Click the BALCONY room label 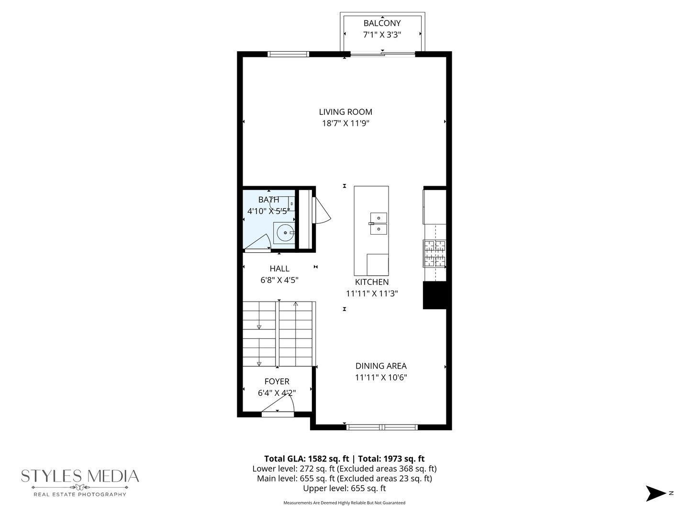[x=382, y=23]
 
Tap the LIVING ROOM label [x=345, y=112]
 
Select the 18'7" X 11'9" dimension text [x=345, y=124]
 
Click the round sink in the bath [x=285, y=233]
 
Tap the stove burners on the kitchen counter [x=434, y=253]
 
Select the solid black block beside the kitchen [x=434, y=295]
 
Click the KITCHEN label [x=372, y=282]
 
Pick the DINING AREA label [x=381, y=366]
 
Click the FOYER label [x=277, y=382]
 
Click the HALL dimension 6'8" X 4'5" [x=279, y=280]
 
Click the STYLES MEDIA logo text [x=80, y=476]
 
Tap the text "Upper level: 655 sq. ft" [x=344, y=488]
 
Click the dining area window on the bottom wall [x=382, y=427]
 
